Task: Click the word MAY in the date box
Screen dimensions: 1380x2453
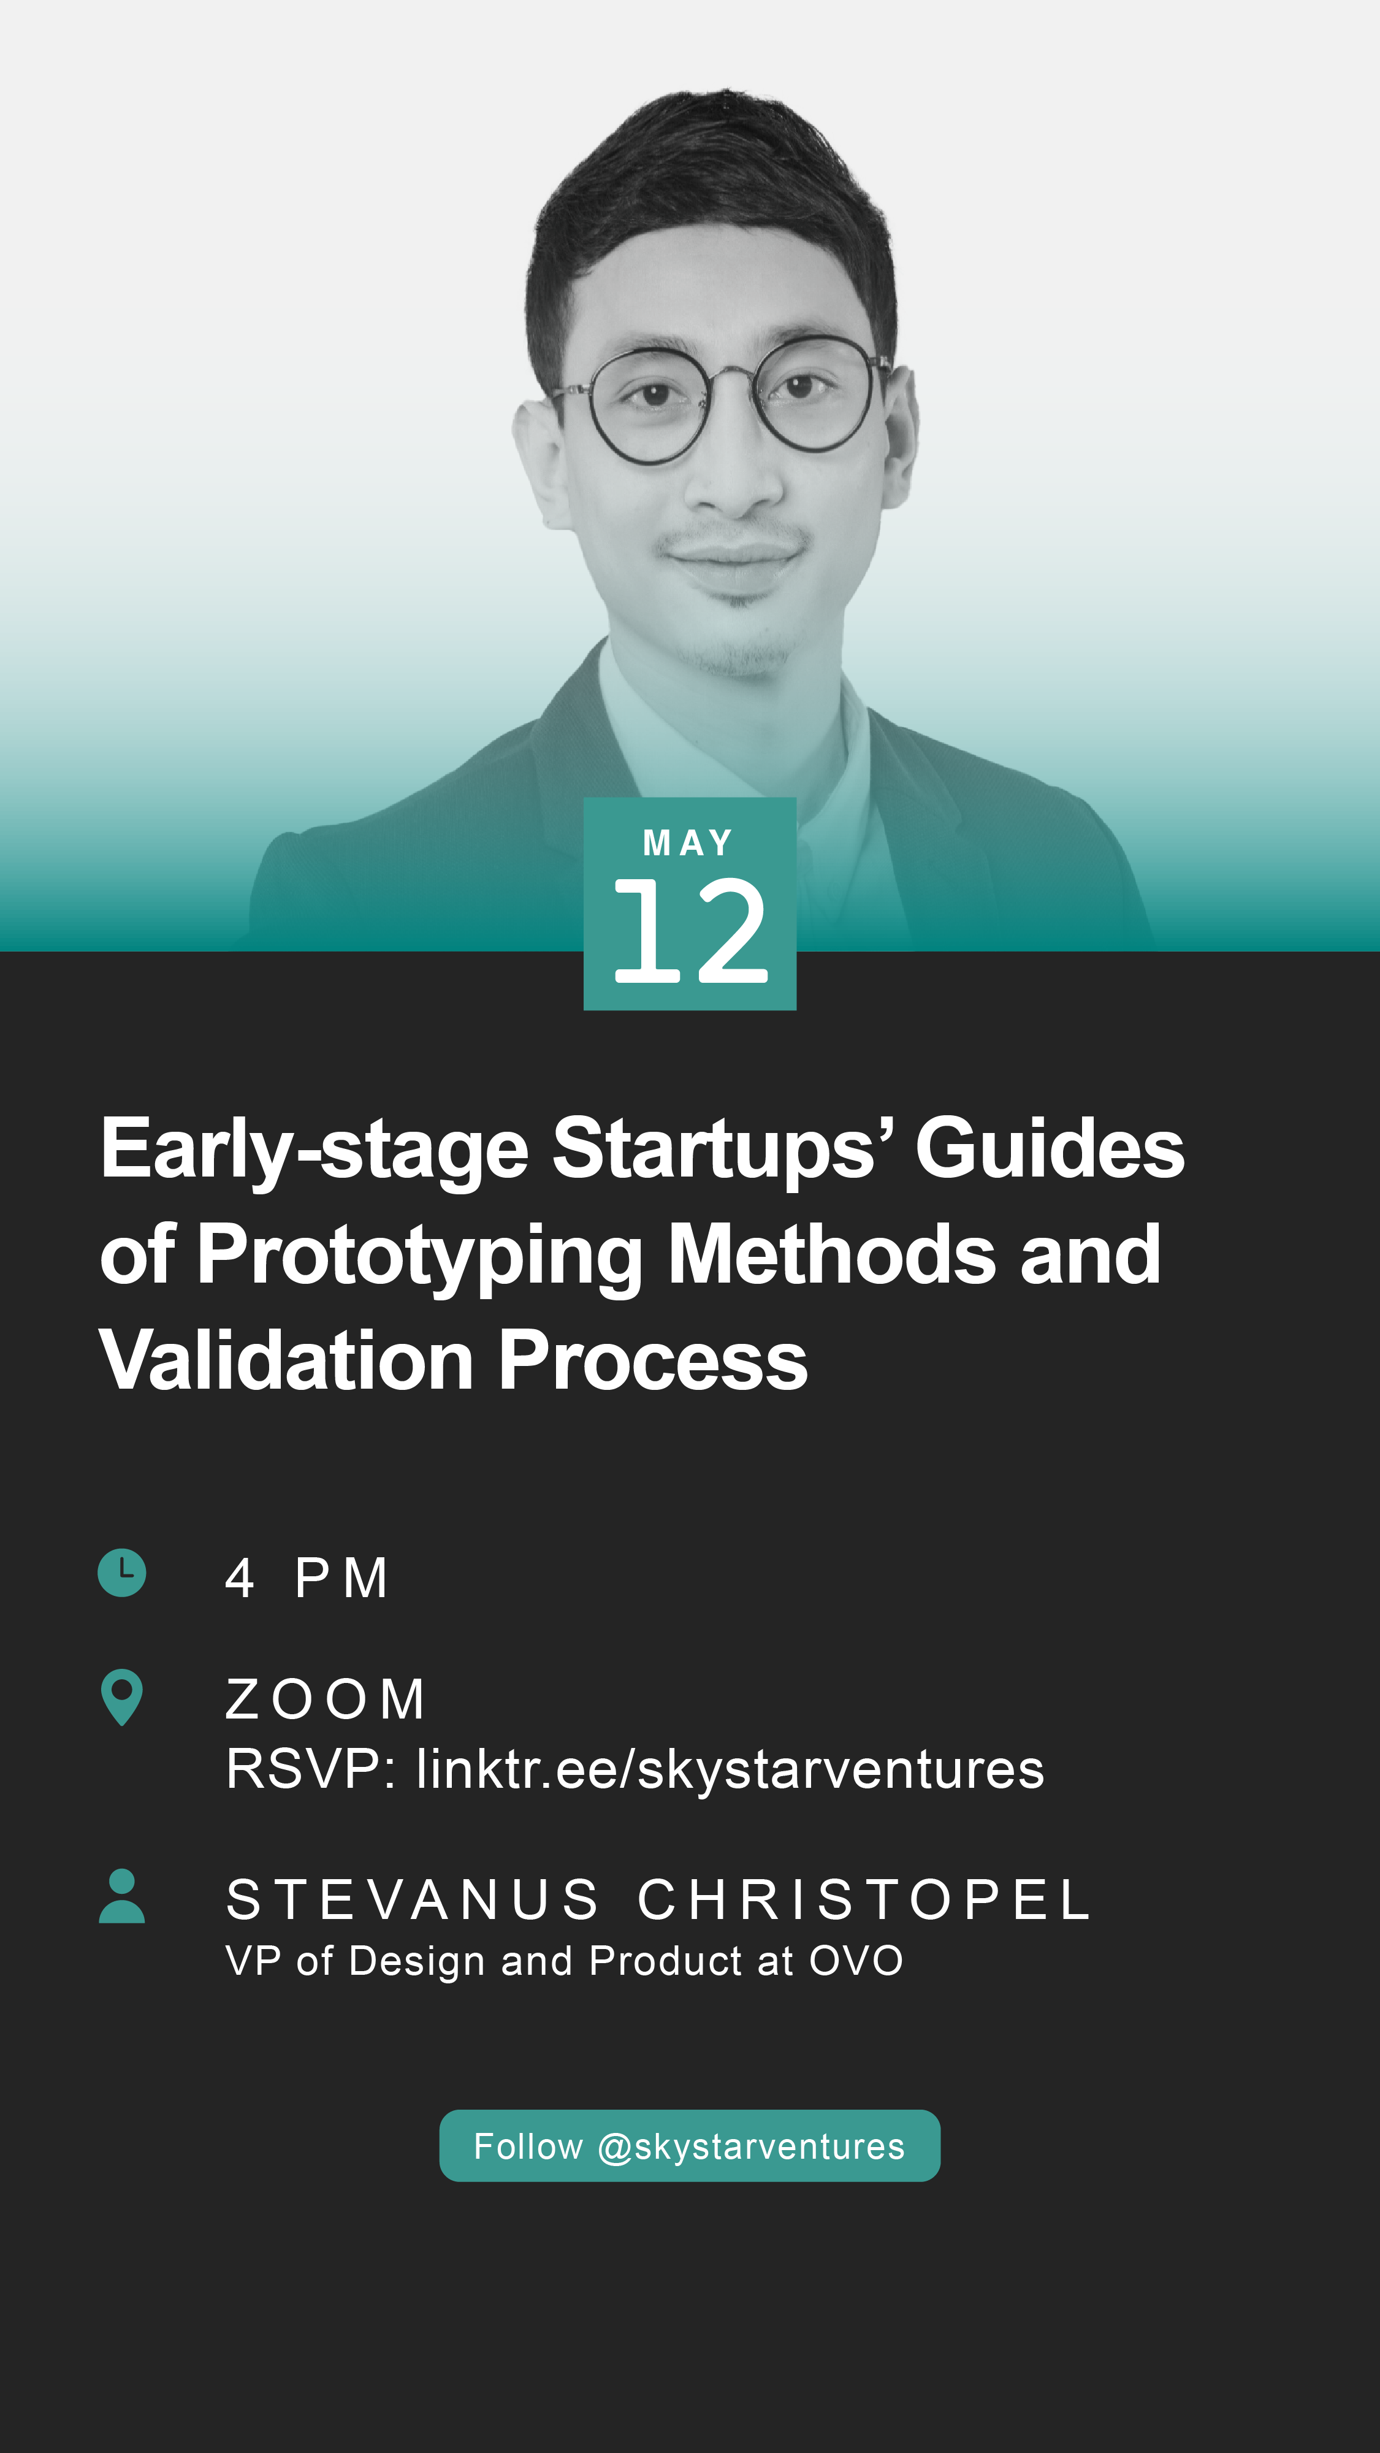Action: coord(688,843)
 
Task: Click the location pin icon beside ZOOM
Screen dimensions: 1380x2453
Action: coord(122,1697)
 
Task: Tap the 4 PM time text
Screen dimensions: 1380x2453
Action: coord(307,1578)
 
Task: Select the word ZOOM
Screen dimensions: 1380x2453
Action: coord(325,1700)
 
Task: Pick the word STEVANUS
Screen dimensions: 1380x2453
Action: coord(413,1900)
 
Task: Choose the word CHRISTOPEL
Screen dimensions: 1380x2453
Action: coord(864,1900)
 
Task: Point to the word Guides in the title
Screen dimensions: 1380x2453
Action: coord(1050,1148)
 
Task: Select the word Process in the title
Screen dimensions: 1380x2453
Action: coord(654,1360)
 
